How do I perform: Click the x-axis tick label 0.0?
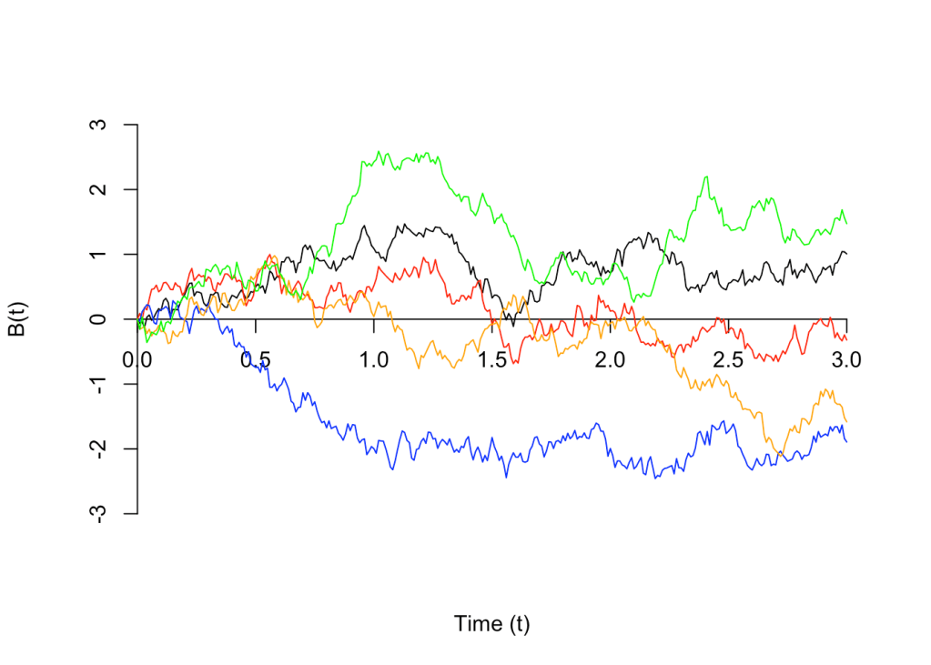point(137,359)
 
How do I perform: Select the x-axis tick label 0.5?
point(256,359)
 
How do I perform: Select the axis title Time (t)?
point(491,624)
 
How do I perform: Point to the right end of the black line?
point(847,254)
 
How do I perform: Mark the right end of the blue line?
point(847,442)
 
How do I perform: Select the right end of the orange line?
point(847,421)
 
